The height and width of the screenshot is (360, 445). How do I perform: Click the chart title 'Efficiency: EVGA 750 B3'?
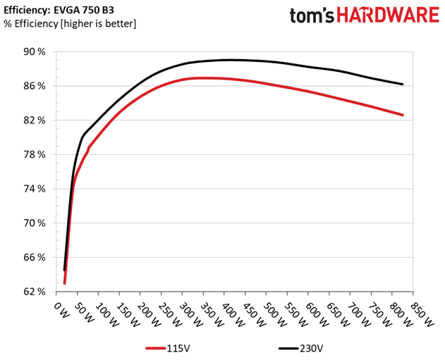point(59,10)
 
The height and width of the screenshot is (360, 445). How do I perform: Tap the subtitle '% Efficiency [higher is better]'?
point(70,23)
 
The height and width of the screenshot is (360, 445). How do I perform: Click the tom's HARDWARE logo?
point(365,15)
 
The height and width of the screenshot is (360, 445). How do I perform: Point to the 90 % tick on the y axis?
point(35,52)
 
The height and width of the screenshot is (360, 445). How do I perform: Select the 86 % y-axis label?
point(35,86)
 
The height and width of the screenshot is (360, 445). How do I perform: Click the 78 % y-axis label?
point(35,154)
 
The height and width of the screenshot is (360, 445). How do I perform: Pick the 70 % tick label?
point(35,223)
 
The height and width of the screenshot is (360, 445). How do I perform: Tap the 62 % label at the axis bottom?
point(35,292)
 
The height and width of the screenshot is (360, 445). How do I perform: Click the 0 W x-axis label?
point(61,310)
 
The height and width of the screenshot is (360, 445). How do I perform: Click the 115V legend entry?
point(167,348)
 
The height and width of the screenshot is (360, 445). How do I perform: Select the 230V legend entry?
point(300,348)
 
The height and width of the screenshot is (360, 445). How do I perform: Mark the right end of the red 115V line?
point(403,115)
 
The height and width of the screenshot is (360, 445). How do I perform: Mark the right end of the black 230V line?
point(402,85)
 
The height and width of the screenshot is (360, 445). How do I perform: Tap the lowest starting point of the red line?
point(65,283)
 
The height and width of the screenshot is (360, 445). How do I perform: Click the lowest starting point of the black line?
point(64,270)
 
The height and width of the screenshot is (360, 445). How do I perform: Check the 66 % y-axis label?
point(35,257)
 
